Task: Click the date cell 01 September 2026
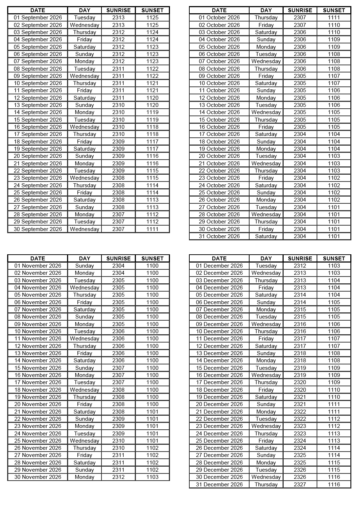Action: click(x=38, y=18)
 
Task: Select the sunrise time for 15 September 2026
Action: click(x=118, y=120)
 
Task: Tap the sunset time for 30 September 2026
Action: click(x=152, y=229)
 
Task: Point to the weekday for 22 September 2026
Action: click(x=85, y=171)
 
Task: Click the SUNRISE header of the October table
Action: click(x=300, y=10)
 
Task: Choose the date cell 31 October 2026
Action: click(x=219, y=236)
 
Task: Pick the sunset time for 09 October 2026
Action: click(x=334, y=76)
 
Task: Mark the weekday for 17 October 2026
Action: click(x=266, y=134)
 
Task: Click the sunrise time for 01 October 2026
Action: click(x=300, y=18)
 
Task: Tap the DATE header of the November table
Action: click(x=38, y=259)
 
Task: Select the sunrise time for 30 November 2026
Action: click(x=118, y=477)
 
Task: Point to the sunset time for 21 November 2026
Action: click(x=152, y=412)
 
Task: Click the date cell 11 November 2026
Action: click(x=38, y=339)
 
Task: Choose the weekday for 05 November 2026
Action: click(x=85, y=295)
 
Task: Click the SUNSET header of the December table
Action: click(x=334, y=259)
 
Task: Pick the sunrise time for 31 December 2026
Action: click(x=300, y=485)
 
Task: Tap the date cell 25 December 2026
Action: click(x=219, y=441)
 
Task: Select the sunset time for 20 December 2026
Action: click(x=334, y=404)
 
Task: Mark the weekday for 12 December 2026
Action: click(x=266, y=346)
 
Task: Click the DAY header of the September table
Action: click(x=85, y=10)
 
